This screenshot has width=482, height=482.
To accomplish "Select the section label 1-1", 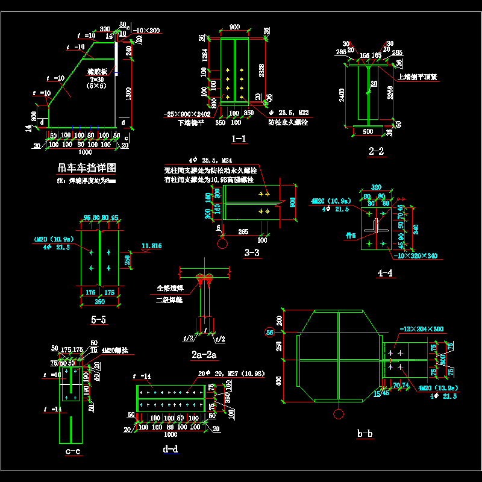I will [x=239, y=140].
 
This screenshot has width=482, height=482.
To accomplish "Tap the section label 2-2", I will [x=377, y=151].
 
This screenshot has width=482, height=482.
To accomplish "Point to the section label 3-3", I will [x=252, y=253].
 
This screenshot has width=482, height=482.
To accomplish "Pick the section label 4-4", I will [x=385, y=273].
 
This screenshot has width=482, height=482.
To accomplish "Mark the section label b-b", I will [x=365, y=433].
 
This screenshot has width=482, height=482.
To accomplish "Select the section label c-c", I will [x=72, y=451].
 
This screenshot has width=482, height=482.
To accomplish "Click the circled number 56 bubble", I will [x=269, y=332].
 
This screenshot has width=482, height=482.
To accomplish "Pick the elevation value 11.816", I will [x=152, y=245].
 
